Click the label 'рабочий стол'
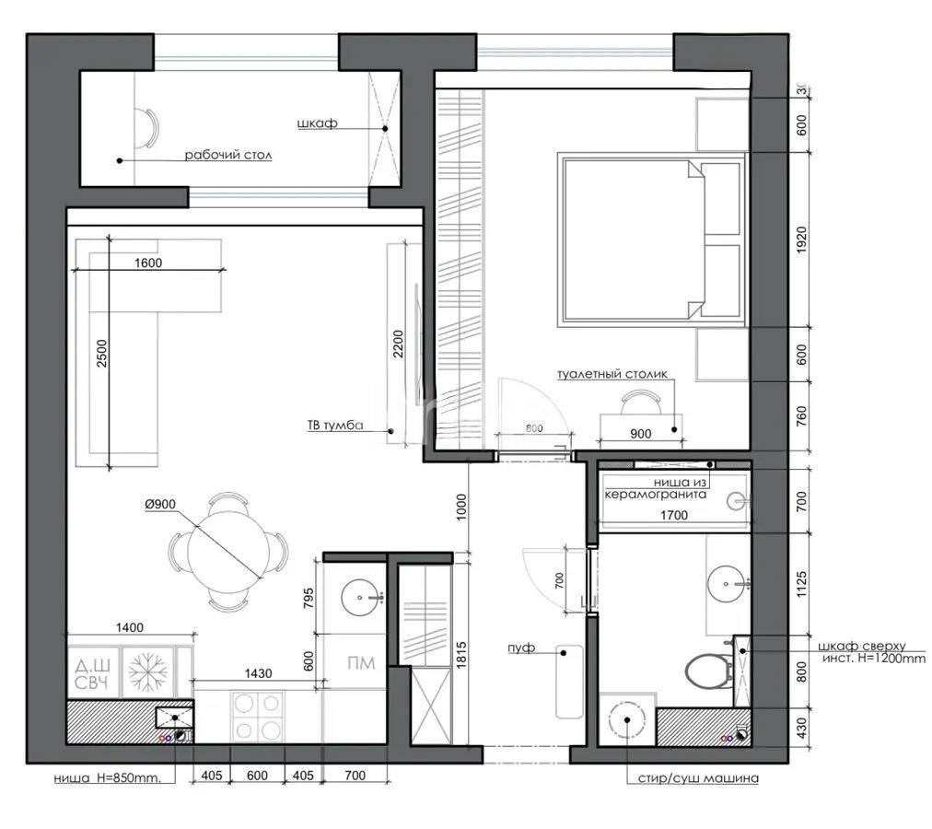coord(228,156)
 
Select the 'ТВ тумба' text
coord(335,426)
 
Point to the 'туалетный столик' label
coord(612,374)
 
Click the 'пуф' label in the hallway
coord(520,648)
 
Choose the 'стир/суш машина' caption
coord(698,778)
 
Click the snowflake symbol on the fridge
coord(146,672)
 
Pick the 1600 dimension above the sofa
coord(147,263)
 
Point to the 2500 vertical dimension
coord(102,355)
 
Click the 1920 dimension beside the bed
coord(801,239)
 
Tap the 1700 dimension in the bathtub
coord(674,516)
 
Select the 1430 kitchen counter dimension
coord(259,673)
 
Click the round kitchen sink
coord(359,599)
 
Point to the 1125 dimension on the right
coord(801,581)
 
